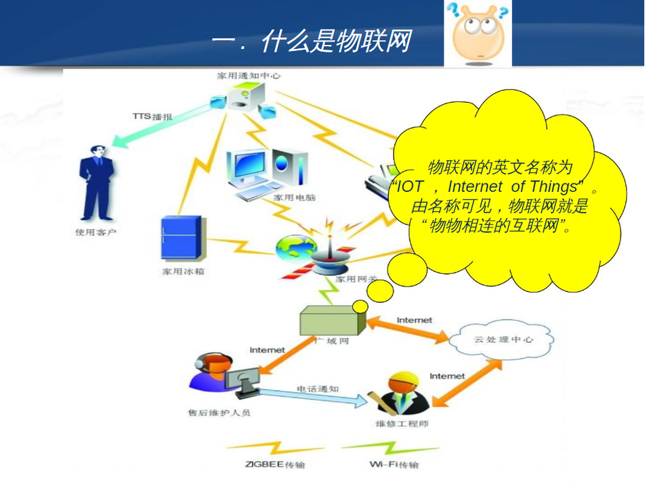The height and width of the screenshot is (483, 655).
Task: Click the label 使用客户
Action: (x=95, y=232)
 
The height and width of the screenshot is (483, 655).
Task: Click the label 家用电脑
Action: (x=294, y=197)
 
